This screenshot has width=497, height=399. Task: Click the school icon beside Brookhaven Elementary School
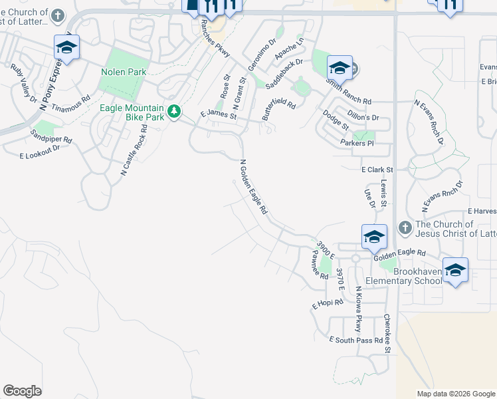(x=455, y=270)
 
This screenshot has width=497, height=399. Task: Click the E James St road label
(x=218, y=115)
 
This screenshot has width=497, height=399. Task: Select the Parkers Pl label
(x=357, y=143)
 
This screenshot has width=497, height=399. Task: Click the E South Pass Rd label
(x=355, y=340)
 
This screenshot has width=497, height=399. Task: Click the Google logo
(x=22, y=391)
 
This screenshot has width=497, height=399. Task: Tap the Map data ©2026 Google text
(x=455, y=394)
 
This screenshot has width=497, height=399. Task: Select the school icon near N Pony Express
(x=66, y=47)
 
